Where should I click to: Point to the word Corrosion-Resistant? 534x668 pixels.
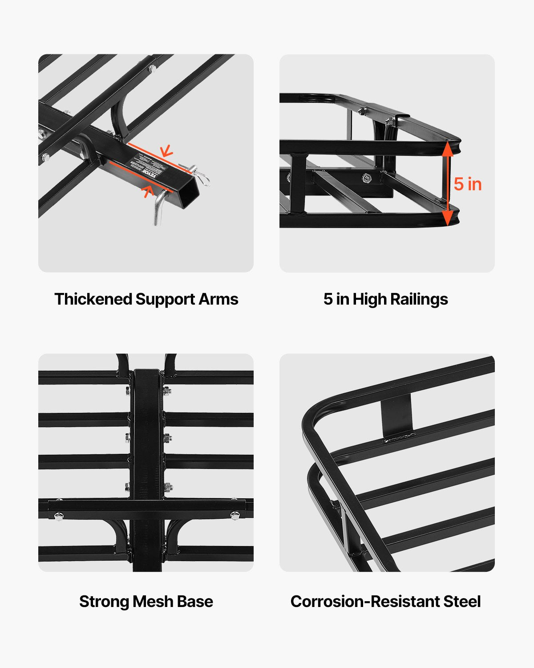[x=364, y=602]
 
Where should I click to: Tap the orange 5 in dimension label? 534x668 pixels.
[x=468, y=184]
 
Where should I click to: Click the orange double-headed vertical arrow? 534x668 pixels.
[x=448, y=183]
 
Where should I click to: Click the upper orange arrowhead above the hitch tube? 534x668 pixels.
[x=166, y=151]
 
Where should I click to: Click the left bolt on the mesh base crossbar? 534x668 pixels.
[x=58, y=516]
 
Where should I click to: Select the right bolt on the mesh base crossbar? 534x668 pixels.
[x=234, y=516]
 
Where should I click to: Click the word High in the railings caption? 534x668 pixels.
[x=368, y=299]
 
